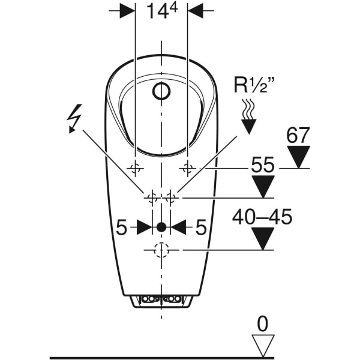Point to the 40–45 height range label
click(x=262, y=217)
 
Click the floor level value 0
click(x=263, y=324)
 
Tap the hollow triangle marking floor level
click(x=263, y=346)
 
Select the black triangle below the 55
click(x=262, y=186)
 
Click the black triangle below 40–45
click(x=262, y=238)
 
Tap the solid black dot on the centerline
click(x=161, y=227)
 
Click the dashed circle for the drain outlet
click(x=161, y=250)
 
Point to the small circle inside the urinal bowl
click(x=161, y=92)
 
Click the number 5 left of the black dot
click(x=121, y=227)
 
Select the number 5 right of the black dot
click(x=201, y=227)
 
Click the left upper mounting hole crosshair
click(x=135, y=167)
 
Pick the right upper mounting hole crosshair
click(x=188, y=167)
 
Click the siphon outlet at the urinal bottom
click(x=161, y=300)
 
